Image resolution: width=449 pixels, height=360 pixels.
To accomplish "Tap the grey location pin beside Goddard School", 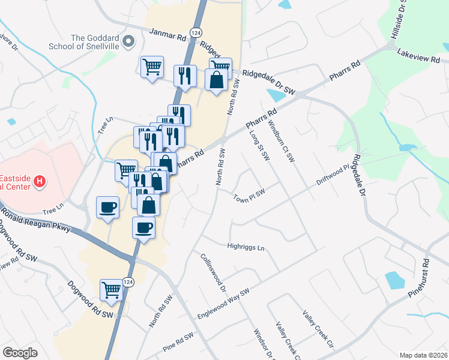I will click(x=127, y=42).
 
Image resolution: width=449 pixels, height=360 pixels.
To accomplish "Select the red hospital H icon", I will click(x=40, y=181).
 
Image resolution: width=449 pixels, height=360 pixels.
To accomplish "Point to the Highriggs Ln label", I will click(x=246, y=245).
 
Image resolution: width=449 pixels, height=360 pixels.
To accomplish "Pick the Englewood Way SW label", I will click(x=223, y=305).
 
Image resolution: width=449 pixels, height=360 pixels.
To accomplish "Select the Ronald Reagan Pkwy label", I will click(x=36, y=221).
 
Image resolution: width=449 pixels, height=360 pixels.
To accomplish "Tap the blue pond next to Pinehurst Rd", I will click(x=394, y=280).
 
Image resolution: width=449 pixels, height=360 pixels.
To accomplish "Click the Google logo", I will click(x=20, y=352).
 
